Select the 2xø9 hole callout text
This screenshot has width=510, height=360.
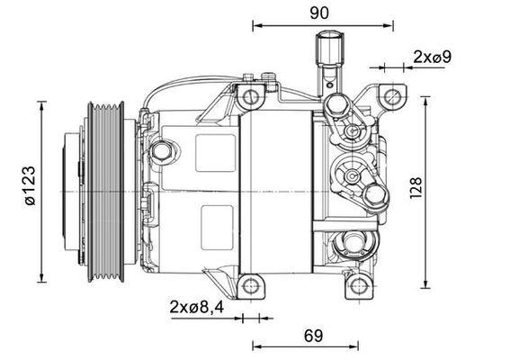tap(431, 57)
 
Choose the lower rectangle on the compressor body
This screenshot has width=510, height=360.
tap(215, 222)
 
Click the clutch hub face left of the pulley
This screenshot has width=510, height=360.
tap(67, 191)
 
